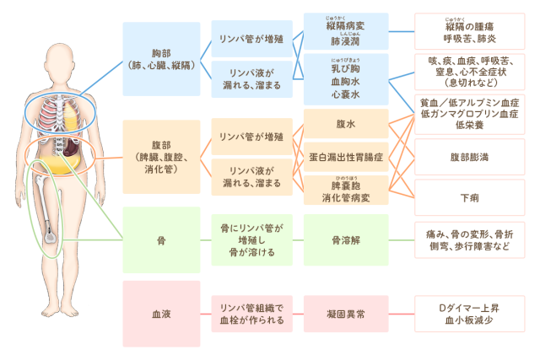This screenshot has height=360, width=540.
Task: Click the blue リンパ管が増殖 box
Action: tap(252, 39)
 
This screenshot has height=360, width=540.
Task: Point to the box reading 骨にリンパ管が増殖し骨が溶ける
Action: tap(252, 239)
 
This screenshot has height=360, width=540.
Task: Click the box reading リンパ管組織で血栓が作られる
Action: tap(252, 314)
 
